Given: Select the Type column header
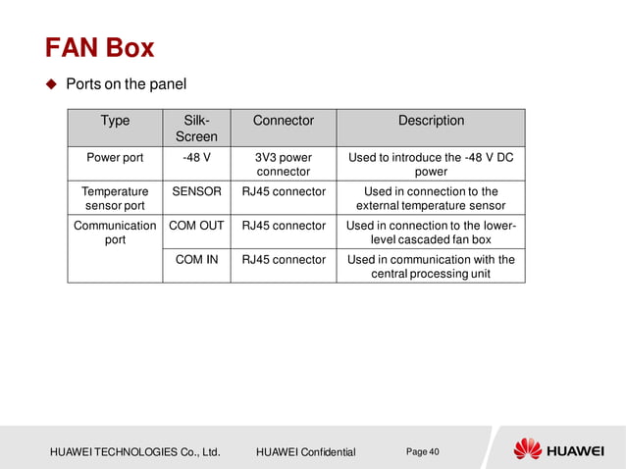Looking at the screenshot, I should (115, 121).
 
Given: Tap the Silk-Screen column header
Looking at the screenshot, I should (195, 129).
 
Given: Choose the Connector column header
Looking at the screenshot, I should (283, 121).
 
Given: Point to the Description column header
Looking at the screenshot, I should (431, 121).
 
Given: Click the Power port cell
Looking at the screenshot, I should (115, 157).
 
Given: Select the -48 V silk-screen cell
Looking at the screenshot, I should (195, 157).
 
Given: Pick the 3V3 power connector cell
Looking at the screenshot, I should (283, 164).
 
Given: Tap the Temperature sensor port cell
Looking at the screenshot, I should (115, 198).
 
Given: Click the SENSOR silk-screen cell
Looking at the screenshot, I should (195, 191).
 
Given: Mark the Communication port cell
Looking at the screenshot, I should (115, 233).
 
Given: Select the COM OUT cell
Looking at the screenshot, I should (195, 226).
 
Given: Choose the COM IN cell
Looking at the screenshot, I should (195, 260).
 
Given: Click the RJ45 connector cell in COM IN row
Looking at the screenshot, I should (283, 260).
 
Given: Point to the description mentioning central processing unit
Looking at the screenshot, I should (431, 267).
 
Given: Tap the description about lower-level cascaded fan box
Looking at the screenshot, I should (431, 233).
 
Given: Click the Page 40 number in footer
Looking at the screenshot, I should (422, 451).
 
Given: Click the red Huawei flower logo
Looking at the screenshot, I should (528, 449).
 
